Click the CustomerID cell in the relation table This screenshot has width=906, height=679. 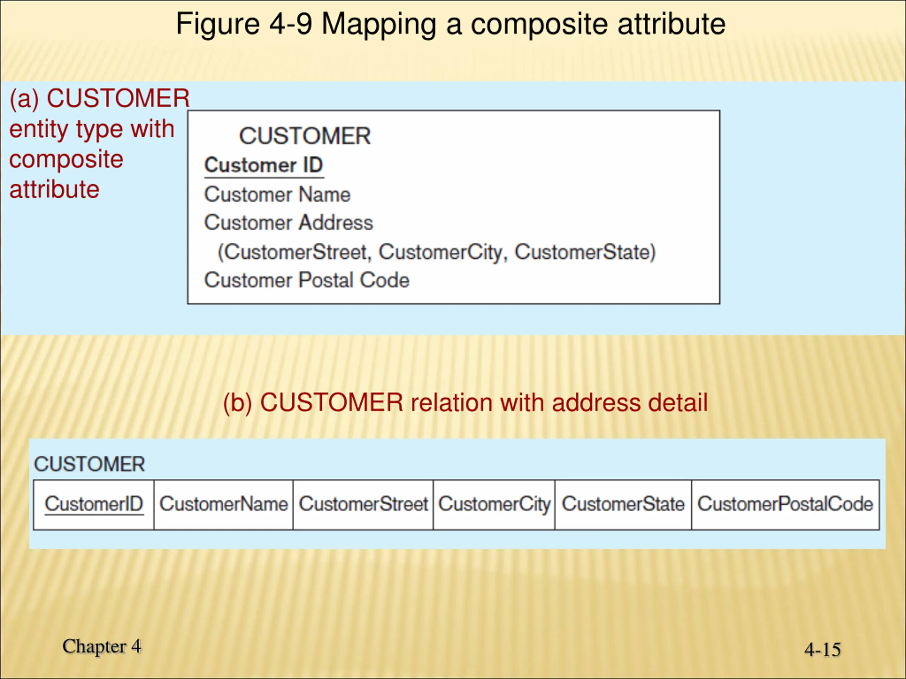pyautogui.click(x=94, y=504)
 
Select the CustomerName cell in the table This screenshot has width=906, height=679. pyautogui.click(x=224, y=504)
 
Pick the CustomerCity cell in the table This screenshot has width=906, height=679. pyautogui.click(x=494, y=504)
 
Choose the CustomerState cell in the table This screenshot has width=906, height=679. pyautogui.click(x=623, y=504)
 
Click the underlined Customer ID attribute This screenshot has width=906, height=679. pyautogui.click(x=264, y=166)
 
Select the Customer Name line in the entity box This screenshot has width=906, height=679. pyautogui.click(x=277, y=195)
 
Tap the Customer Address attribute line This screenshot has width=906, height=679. pyautogui.click(x=289, y=223)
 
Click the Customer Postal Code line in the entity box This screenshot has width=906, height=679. pyautogui.click(x=307, y=281)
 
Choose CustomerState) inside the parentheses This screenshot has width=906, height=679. pyautogui.click(x=585, y=252)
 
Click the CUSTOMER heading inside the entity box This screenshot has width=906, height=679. pyautogui.click(x=305, y=136)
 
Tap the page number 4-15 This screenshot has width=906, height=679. pyautogui.click(x=822, y=650)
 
